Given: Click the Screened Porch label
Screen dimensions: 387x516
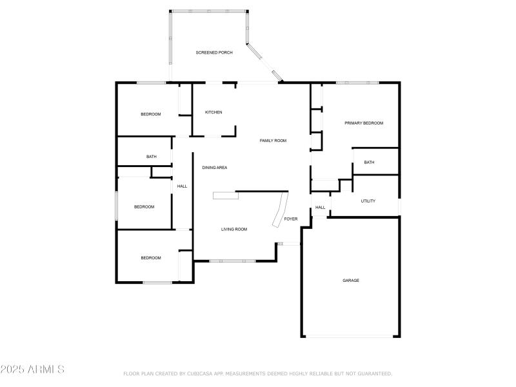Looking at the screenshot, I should point(214,52).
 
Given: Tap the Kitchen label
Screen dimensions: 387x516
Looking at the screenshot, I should point(213,112).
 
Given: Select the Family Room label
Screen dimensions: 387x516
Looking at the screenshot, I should point(273,141).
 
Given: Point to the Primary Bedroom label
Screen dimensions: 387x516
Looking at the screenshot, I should point(364,123).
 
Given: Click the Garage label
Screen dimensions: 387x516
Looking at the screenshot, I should point(351,281).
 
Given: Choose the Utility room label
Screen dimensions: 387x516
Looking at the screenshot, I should point(368,201).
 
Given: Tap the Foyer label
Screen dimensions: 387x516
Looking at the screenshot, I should point(292,219).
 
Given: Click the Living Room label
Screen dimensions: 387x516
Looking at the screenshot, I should point(234,230).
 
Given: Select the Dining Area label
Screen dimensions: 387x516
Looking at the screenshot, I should point(215,168).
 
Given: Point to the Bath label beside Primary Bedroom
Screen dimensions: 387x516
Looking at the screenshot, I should point(369,163).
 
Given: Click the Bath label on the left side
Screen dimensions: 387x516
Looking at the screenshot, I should point(152,157).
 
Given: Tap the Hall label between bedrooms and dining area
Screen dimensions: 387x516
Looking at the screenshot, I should point(182,186).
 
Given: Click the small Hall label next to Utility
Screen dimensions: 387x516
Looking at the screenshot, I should point(321,208).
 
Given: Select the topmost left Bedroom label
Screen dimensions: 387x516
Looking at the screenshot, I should point(150,114).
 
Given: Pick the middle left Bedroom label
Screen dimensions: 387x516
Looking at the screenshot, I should point(144,207).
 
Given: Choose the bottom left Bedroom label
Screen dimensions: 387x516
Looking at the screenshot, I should point(151,258).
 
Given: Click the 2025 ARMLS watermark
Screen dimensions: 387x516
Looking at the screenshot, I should point(32,370).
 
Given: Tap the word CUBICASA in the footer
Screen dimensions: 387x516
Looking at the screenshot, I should point(202,373).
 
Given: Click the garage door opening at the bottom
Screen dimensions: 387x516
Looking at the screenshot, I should point(351,336).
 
